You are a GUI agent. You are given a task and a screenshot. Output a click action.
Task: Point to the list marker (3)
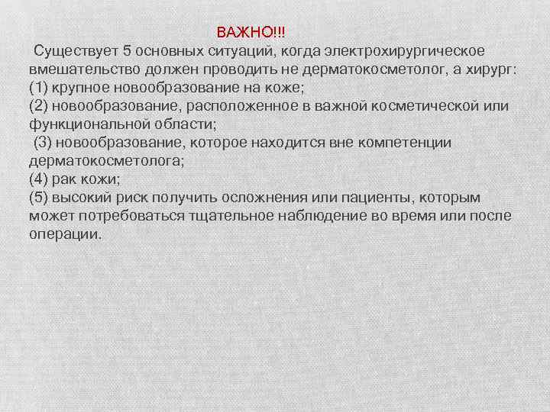[43, 143]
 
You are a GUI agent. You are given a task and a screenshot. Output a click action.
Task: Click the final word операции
[64, 234]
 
